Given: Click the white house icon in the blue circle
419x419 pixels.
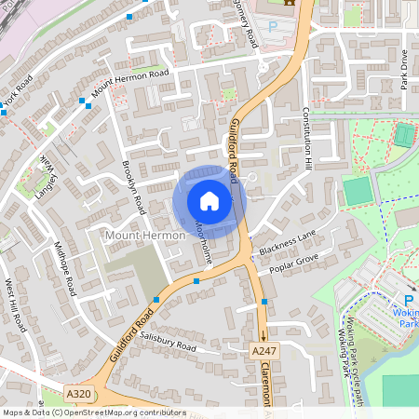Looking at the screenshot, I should [x=209, y=200].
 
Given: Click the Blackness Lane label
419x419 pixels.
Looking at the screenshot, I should [x=289, y=246].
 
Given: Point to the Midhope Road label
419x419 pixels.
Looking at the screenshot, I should [x=64, y=268].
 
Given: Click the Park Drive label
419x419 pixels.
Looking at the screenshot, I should [x=403, y=69].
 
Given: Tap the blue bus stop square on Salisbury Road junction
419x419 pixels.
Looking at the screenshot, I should [x=156, y=300].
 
